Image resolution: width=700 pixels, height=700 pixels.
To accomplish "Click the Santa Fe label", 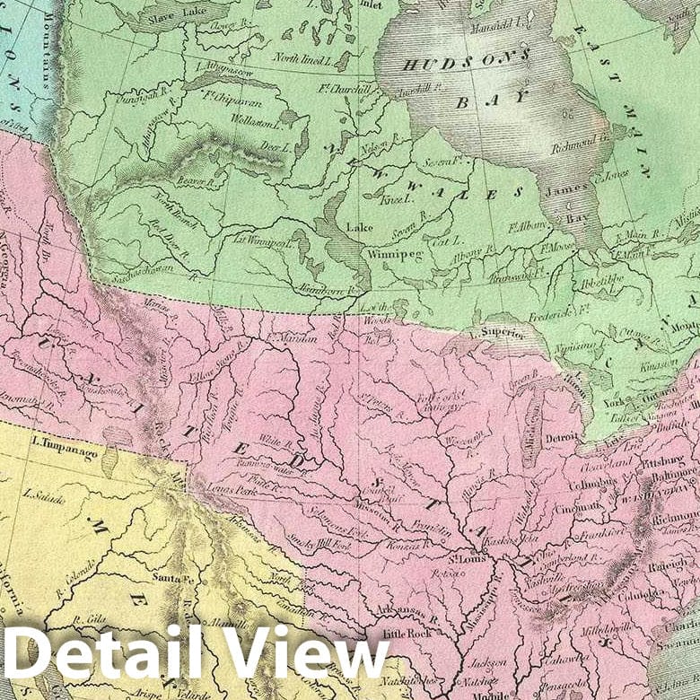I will point(173,576).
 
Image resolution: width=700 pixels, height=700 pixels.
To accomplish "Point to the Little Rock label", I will point(405,634).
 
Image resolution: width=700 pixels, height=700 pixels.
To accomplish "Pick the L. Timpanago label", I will point(64,443).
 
